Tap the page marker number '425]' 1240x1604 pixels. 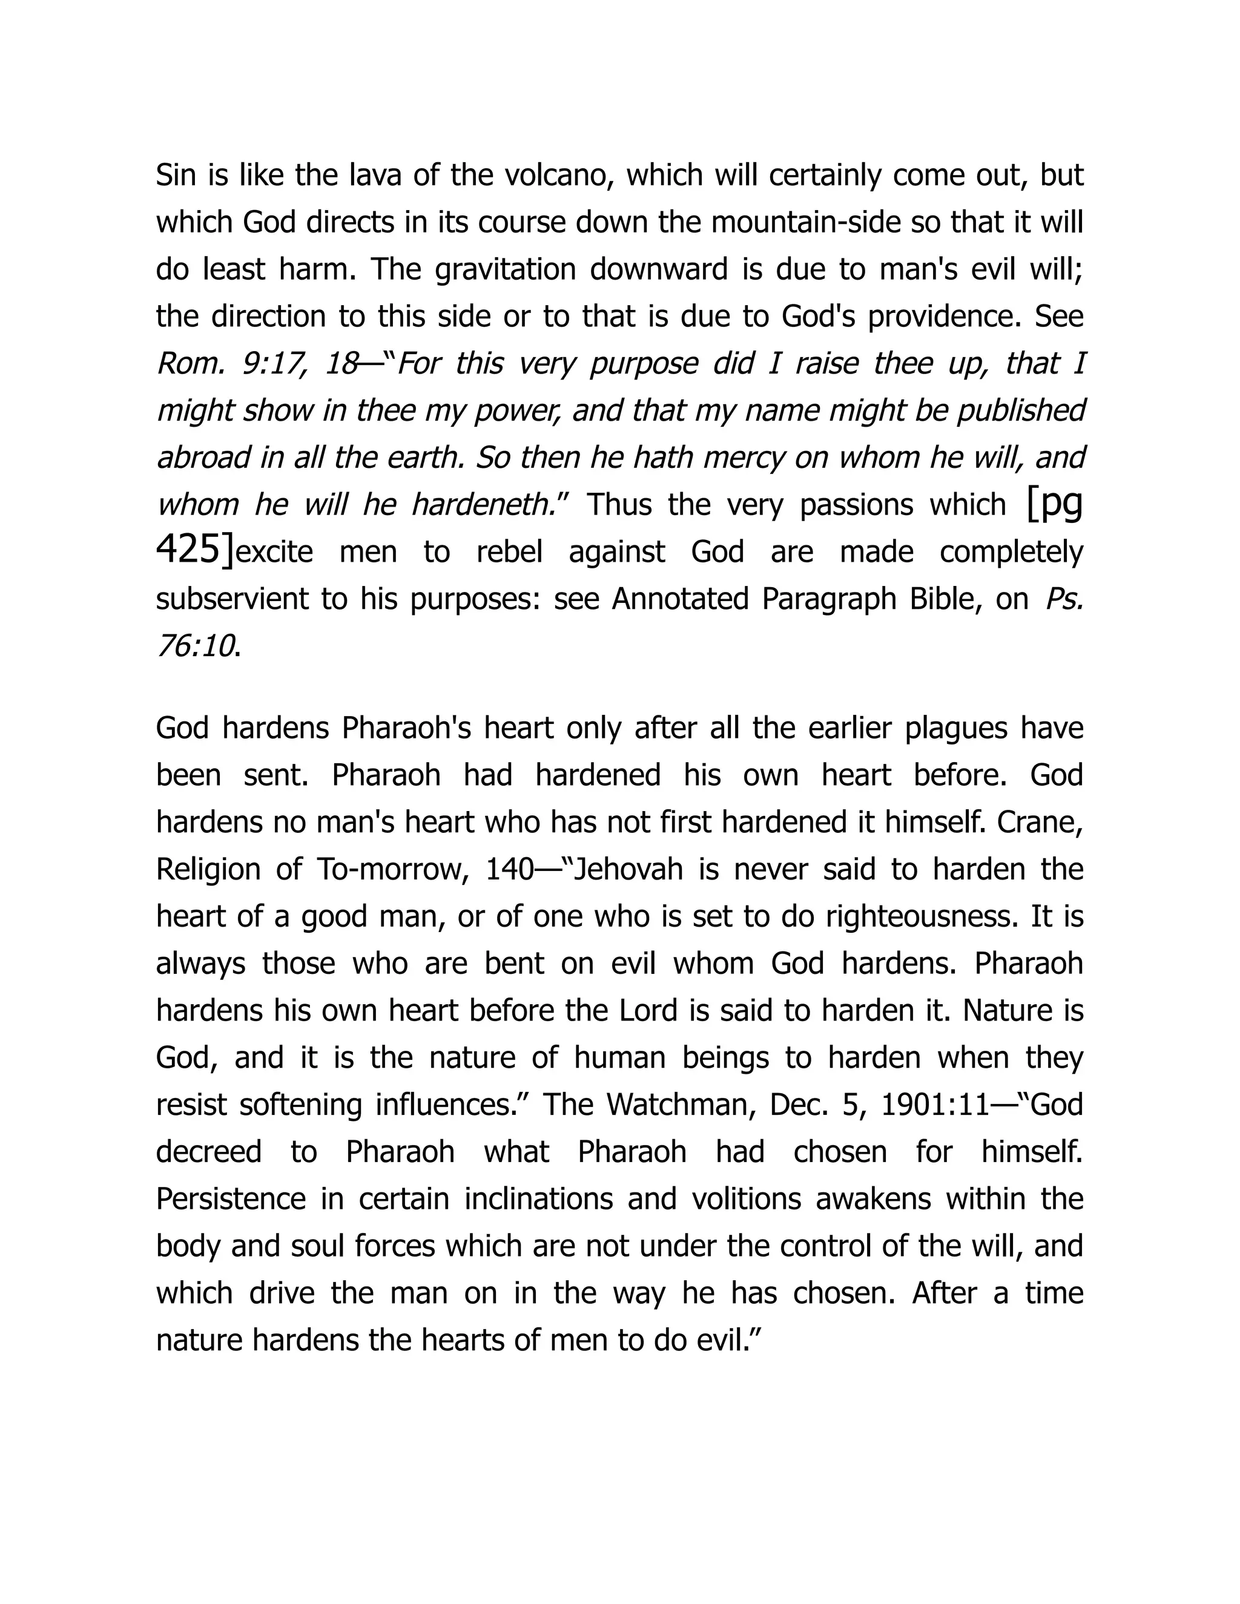(195, 550)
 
